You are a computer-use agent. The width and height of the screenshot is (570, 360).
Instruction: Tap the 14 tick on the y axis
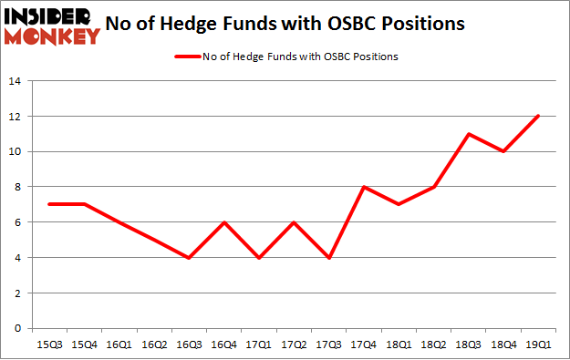tap(15, 81)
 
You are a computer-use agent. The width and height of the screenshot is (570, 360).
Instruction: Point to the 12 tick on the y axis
tap(15, 117)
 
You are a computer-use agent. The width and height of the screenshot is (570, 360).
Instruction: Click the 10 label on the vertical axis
tap(15, 152)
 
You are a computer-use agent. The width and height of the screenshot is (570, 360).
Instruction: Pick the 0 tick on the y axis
tap(18, 329)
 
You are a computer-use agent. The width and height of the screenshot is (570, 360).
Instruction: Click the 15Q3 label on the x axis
tap(49, 345)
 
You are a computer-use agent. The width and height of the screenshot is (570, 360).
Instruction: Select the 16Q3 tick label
tap(188, 345)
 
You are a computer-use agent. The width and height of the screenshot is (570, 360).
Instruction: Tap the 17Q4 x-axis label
tap(363, 345)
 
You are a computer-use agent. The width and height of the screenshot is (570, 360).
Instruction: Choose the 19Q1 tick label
tap(537, 345)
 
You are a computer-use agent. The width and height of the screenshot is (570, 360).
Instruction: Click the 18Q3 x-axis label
tap(468, 345)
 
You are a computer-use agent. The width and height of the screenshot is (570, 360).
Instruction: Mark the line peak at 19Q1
tap(537, 116)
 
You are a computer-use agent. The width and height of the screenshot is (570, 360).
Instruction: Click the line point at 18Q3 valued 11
tap(468, 134)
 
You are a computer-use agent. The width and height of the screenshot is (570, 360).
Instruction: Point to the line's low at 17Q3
tap(328, 258)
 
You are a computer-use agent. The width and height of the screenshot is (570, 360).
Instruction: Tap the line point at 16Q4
tap(223, 222)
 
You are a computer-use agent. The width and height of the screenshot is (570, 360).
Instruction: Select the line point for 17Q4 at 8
tap(363, 187)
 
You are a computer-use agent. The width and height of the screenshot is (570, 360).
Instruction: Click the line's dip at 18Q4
tap(503, 151)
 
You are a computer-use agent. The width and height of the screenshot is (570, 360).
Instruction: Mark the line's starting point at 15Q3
tap(49, 204)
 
